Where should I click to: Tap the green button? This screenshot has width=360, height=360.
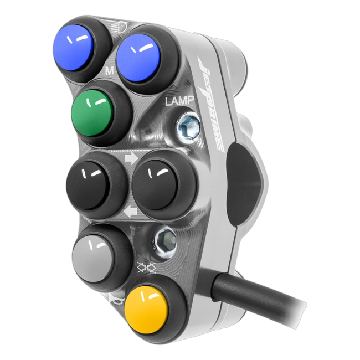[x=92, y=114]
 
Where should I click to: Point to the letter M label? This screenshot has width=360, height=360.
[x=110, y=71]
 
